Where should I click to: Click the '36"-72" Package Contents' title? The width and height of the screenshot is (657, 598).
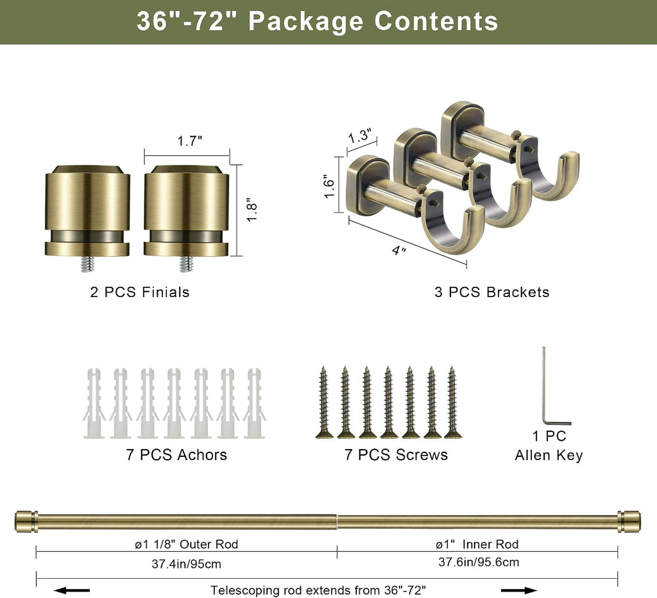tap(317, 21)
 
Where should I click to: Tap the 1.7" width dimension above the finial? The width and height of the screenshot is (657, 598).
tap(189, 141)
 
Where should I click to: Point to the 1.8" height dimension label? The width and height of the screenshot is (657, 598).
tap(251, 210)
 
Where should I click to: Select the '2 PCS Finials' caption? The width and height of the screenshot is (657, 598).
tap(139, 292)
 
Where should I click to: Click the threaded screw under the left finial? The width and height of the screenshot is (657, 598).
tap(87, 264)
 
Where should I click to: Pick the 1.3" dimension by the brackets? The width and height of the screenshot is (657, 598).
tap(360, 136)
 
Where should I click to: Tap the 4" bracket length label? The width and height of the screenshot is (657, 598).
tap(399, 250)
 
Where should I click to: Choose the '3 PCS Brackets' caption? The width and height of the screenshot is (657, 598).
tap(491, 292)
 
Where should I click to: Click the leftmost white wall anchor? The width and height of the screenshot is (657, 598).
tap(94, 404)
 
